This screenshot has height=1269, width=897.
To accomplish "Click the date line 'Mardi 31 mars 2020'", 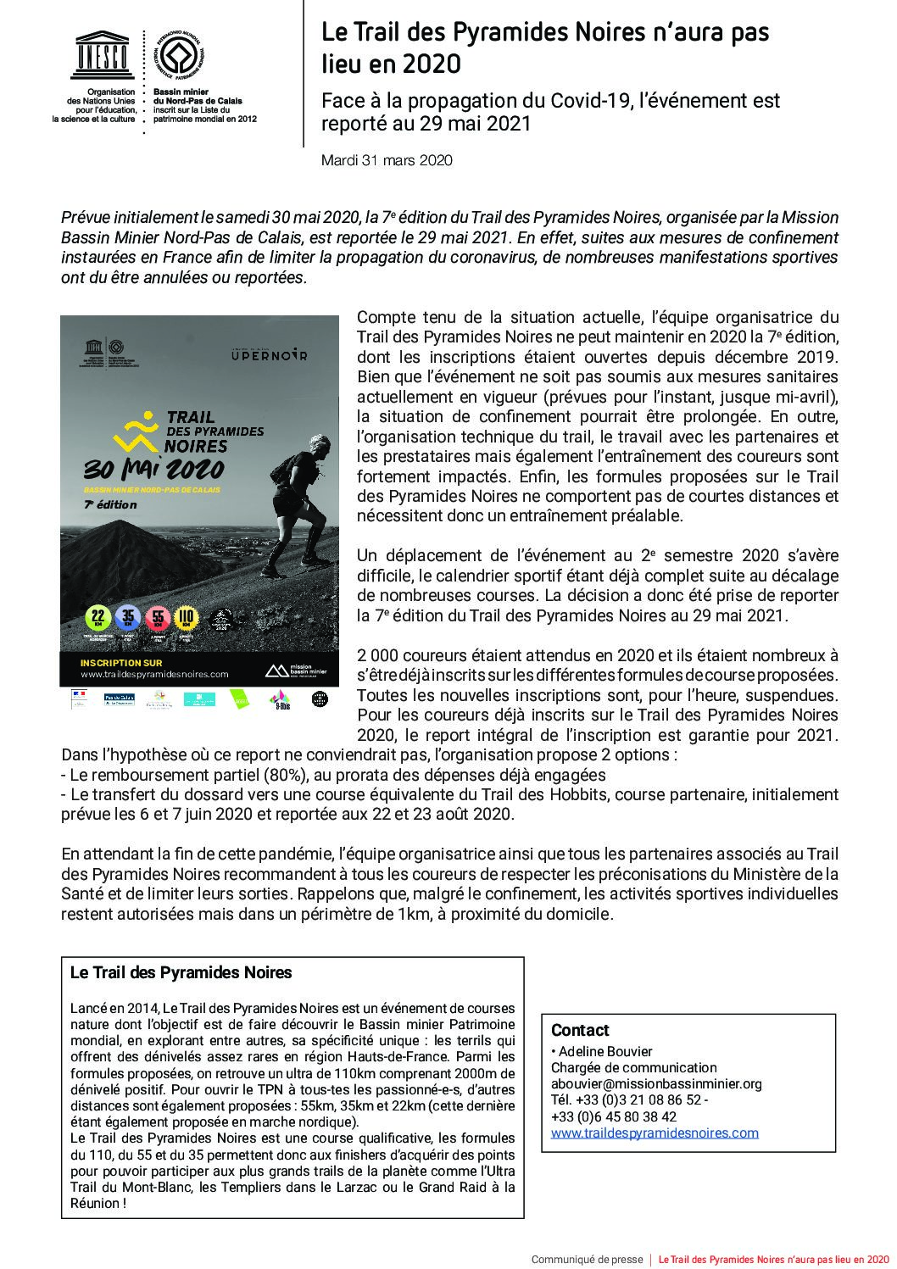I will tap(387, 159).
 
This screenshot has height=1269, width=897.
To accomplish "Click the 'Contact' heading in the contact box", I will tap(580, 1030).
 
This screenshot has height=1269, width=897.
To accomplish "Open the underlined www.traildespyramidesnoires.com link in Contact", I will tap(655, 1133).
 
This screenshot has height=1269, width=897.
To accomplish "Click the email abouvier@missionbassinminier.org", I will tap(656, 1083).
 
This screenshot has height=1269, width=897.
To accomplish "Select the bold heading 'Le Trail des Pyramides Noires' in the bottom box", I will tap(181, 972).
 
